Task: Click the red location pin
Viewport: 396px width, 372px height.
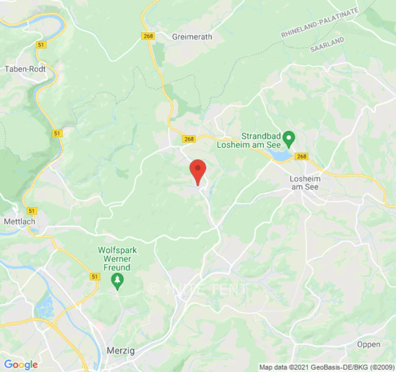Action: [x=198, y=171]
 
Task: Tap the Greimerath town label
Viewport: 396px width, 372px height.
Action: [x=192, y=36]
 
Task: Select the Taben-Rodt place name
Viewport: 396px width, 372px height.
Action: [x=25, y=69]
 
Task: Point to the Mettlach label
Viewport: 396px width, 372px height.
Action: [x=19, y=221]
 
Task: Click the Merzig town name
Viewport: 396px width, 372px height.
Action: [x=121, y=351]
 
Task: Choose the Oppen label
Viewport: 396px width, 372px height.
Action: [x=369, y=345]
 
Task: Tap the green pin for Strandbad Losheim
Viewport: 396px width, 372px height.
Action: [x=289, y=138]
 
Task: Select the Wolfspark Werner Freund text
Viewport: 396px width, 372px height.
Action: [x=117, y=259]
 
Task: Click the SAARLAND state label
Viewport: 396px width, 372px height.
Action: [x=327, y=44]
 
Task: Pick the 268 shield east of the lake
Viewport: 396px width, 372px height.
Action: [x=301, y=156]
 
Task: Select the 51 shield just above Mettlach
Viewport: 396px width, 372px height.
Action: [x=32, y=210]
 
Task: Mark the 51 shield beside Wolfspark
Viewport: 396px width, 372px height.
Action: [x=95, y=276]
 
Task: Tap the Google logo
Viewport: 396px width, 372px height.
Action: [x=20, y=365]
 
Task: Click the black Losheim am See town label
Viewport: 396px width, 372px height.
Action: [x=305, y=182]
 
